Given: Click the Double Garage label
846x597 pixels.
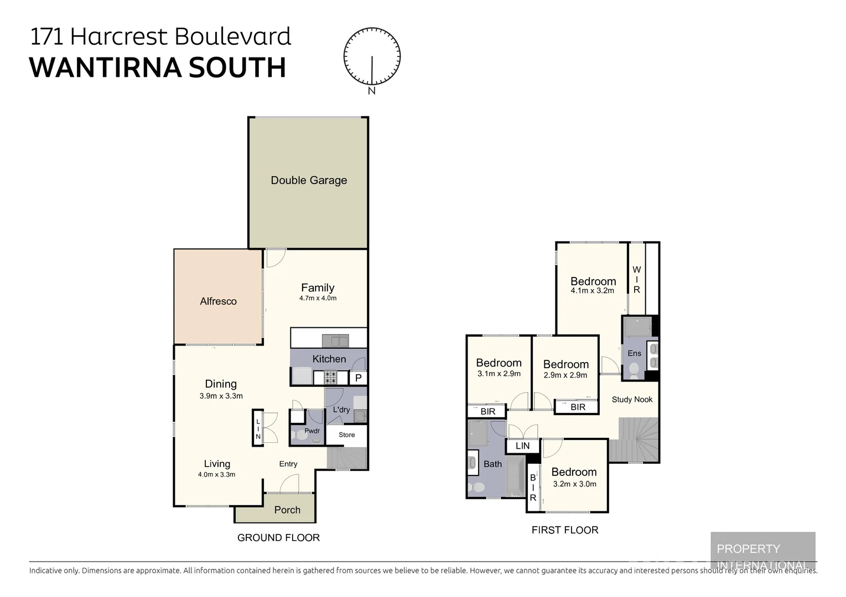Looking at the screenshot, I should [309, 180].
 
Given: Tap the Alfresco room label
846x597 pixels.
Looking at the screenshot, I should [218, 301].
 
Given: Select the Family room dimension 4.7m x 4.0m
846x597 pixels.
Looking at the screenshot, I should [318, 298].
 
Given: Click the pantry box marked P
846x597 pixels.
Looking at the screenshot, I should [358, 378].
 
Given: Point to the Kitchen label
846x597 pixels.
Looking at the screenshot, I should [329, 359].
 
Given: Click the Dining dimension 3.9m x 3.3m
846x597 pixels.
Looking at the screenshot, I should [221, 396].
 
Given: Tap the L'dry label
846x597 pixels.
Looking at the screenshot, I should [341, 410].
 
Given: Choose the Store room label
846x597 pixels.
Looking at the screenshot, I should [347, 434].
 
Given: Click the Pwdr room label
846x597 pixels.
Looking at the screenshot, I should [312, 431].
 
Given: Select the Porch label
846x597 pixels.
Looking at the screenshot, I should [287, 510].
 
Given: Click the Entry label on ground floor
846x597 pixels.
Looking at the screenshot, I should [288, 464].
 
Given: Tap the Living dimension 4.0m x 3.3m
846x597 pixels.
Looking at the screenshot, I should [216, 474].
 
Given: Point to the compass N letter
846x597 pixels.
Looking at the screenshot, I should [372, 91].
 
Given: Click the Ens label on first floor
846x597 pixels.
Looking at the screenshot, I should [634, 353].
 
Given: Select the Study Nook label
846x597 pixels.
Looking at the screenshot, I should [632, 399].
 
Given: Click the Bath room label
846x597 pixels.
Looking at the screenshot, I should [492, 464].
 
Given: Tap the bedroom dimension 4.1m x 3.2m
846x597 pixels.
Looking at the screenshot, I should [592, 291].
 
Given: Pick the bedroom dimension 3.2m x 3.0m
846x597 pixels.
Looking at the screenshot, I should [574, 484].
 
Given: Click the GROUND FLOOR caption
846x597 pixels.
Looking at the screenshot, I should [278, 537].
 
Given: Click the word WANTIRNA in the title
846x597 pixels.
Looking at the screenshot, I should [105, 67].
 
